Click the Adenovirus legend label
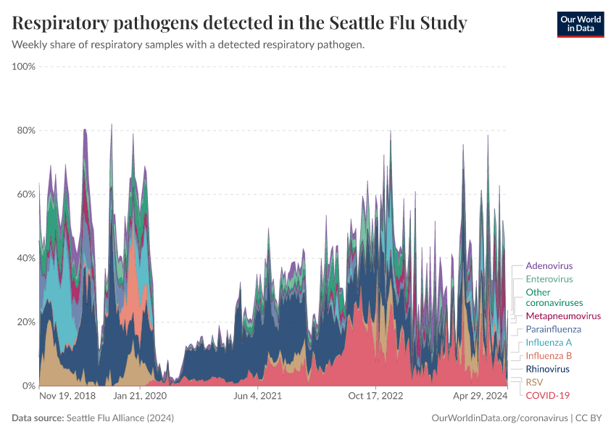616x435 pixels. coord(549,265)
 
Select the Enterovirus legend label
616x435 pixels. coord(549,279)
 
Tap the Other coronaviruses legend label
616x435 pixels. coord(554,297)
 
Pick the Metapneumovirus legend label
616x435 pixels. coord(563,317)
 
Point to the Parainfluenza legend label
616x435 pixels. coord(553,329)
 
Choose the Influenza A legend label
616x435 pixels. coord(549,342)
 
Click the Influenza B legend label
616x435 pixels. coord(549,356)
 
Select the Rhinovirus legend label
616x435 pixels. coord(547,369)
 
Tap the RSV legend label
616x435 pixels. coord(534,382)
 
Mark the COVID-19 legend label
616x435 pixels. coord(547,395)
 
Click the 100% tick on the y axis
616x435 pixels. coord(24,67)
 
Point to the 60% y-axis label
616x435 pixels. coord(26,194)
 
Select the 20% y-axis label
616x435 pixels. coord(26,322)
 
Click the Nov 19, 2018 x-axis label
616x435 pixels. coord(67,397)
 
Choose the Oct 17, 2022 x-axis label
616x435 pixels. coord(375,397)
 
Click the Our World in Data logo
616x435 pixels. coord(580,24)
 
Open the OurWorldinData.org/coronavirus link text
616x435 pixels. coord(499,418)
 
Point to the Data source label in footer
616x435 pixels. coord(38,418)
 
